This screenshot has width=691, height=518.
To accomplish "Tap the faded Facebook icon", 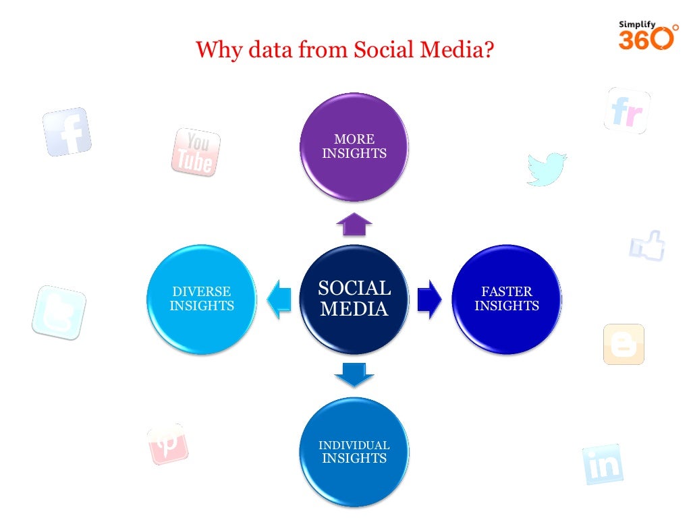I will click(67, 132).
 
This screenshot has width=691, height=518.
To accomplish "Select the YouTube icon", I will click(196, 152).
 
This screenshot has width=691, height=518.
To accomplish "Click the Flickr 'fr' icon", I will click(627, 111).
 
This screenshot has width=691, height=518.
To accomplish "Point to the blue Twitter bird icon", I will click(546, 169).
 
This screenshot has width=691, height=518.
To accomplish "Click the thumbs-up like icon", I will click(648, 246).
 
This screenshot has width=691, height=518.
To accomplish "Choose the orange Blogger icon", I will click(624, 344).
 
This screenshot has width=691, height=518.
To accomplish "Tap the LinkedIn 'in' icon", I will click(602, 464).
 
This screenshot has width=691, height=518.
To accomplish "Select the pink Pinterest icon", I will click(167, 444).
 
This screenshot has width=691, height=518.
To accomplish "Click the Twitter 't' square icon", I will click(59, 312).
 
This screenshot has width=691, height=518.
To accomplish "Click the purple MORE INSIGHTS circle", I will click(354, 147).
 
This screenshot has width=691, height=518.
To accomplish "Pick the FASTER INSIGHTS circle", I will click(506, 299).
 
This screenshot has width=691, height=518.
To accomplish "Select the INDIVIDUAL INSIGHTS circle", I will click(354, 452).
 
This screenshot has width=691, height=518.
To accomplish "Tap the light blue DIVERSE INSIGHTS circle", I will click(202, 299).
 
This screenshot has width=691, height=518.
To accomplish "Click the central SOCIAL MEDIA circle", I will click(354, 299).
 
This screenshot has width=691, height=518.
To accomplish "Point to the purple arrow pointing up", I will click(354, 225).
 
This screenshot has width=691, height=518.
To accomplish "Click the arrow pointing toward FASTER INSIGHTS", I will click(429, 299).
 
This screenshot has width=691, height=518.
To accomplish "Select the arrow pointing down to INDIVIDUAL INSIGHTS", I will click(354, 374).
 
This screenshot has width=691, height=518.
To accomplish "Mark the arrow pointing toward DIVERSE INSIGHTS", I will click(279, 299).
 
